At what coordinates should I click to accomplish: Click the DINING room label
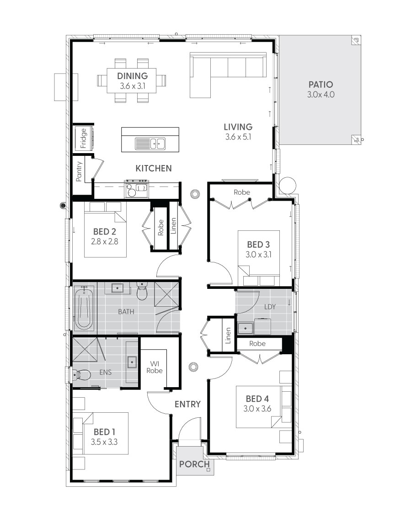pos(132,76)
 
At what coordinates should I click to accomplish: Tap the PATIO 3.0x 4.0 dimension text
pos(321,95)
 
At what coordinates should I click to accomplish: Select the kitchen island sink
pos(150,144)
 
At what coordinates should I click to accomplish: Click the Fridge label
pos(83,138)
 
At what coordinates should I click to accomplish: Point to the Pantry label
pos(79,171)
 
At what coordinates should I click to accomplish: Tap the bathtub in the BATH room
pos(84,309)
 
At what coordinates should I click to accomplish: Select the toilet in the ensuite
pos(81,375)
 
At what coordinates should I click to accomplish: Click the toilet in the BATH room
pos(142,291)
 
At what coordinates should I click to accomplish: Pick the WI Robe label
pos(155,367)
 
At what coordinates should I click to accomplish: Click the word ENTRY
pos(187,404)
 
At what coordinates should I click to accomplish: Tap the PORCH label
pos(194,464)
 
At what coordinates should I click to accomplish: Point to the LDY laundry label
pos(270,307)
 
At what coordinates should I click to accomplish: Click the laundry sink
pos(246,328)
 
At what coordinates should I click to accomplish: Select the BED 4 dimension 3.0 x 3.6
pos(257,409)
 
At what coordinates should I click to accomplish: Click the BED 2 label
pos(105,231)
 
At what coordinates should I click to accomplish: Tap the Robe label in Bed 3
pos(242,192)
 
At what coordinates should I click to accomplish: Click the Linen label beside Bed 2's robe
pos(173,226)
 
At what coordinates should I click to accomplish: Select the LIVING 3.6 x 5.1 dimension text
pos(238,137)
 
